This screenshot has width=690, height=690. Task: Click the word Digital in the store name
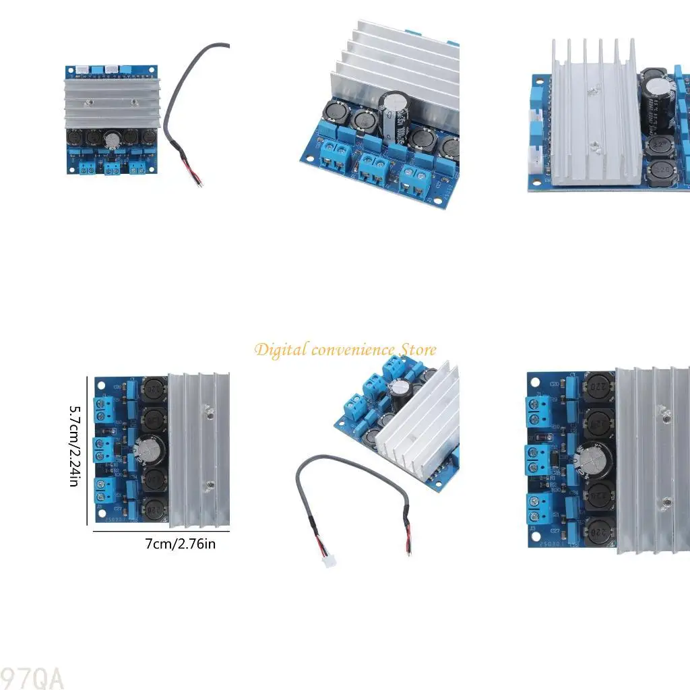[x=280, y=350]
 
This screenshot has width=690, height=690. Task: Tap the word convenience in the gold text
[x=352, y=350]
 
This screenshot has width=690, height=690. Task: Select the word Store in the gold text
[x=418, y=350]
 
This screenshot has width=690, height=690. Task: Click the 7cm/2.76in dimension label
[x=181, y=544]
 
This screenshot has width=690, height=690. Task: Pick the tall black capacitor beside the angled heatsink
[x=392, y=116]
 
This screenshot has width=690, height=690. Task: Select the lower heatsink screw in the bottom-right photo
[x=665, y=502]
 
